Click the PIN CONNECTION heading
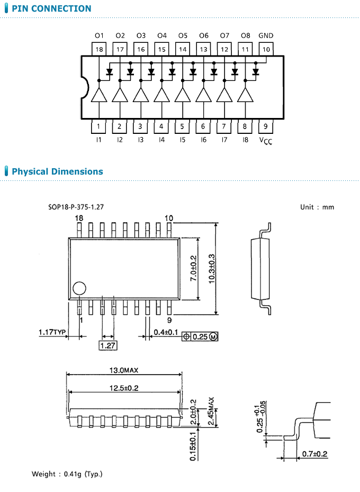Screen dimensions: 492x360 51,8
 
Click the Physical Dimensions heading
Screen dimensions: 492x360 57,171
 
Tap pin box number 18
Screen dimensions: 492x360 99,49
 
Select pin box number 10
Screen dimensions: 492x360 266,49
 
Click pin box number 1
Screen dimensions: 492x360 99,126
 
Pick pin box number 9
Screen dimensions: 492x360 266,126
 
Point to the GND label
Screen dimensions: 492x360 266,35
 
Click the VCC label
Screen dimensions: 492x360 266,141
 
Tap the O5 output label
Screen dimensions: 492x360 183,35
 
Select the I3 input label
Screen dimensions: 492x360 140,140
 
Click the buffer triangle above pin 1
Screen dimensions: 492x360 99,95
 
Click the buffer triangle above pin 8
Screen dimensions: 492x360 245,95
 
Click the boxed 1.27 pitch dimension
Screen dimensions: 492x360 107,345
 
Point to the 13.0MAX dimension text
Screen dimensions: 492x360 124,370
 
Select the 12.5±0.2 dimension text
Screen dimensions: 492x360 124,388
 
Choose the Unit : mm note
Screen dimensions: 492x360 317,207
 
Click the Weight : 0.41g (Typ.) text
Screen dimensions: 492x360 67,473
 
